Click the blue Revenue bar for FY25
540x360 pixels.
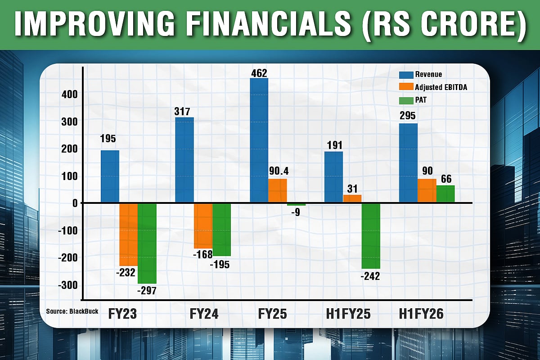pyautogui.click(x=259, y=140)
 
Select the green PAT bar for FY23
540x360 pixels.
pyautogui.click(x=147, y=243)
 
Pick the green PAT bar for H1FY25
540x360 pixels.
pyautogui.click(x=371, y=236)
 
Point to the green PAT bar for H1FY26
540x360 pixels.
pyautogui.click(x=445, y=194)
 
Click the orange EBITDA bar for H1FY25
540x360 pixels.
pyautogui.click(x=352, y=199)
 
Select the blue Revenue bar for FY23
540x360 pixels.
pyautogui.click(x=110, y=176)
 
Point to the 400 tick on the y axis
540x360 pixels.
pyautogui.click(x=70, y=94)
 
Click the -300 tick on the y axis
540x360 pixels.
pyautogui.click(x=67, y=285)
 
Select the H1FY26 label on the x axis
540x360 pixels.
pyautogui.click(x=421, y=314)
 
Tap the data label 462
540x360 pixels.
pyautogui.click(x=260, y=72)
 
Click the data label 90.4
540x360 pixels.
pyautogui.click(x=278, y=171)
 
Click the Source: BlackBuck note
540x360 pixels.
pyautogui.click(x=72, y=311)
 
